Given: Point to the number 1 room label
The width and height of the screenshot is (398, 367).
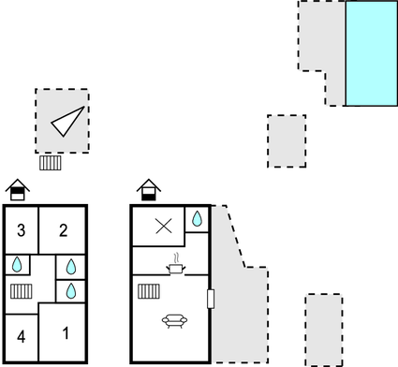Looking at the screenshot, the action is point(66,332).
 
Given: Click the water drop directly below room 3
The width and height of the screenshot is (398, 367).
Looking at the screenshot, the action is point(16,265).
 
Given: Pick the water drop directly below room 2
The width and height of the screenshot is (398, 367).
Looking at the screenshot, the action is point(71,267).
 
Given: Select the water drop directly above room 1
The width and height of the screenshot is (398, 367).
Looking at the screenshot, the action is point(71,291).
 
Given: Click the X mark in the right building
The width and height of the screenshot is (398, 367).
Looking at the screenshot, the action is point(164,227).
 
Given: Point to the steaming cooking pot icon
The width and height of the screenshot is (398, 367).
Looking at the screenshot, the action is point(175,266).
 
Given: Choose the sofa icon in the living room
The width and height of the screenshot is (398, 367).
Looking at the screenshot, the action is point(174,322).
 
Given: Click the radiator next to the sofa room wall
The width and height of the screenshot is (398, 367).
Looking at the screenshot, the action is point(148,291).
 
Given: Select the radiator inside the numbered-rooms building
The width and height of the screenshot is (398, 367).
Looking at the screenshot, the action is point(22,291).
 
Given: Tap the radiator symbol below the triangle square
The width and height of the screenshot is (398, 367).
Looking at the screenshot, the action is point(51,163).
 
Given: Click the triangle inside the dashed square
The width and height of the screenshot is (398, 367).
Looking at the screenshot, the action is point(66,122).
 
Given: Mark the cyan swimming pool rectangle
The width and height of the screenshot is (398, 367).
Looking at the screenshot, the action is point(371,53).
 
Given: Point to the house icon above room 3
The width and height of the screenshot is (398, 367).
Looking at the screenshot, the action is point(17,190).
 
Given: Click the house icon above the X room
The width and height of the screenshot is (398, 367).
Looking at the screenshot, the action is point(148,190).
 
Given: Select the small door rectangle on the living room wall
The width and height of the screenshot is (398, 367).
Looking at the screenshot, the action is point(211,299).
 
